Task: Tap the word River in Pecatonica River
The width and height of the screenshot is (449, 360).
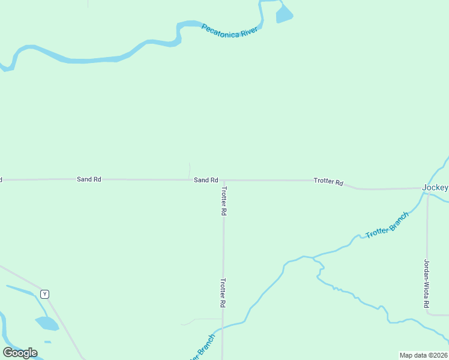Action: click(x=249, y=34)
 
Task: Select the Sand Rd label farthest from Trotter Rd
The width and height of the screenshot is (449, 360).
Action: click(x=89, y=179)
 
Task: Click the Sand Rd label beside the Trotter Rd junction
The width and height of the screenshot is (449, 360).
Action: click(x=205, y=180)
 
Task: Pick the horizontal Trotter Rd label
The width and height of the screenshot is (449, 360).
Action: click(x=328, y=181)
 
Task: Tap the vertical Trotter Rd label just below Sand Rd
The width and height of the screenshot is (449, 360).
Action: click(x=223, y=201)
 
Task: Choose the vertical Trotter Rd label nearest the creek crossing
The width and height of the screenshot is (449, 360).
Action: click(x=223, y=293)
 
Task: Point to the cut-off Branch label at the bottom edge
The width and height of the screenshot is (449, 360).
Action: click(x=202, y=347)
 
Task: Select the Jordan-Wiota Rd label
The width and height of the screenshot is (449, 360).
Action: click(x=427, y=283)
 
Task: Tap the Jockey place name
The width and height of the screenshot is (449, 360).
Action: click(x=435, y=187)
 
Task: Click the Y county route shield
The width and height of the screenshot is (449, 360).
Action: click(x=44, y=294)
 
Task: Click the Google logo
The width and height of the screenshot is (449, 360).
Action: click(x=20, y=353)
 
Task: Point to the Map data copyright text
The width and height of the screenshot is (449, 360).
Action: click(x=424, y=355)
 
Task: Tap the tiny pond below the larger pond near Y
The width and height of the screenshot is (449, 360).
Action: click(x=47, y=342)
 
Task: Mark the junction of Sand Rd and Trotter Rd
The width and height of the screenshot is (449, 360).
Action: click(x=223, y=180)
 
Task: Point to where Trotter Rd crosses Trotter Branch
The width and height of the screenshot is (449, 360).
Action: click(x=223, y=328)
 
